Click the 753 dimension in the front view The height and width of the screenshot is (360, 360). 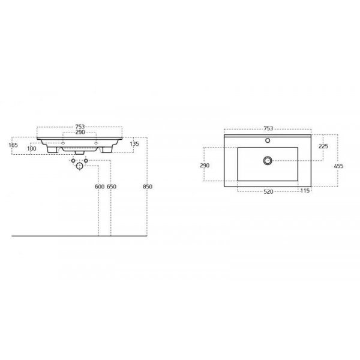[80, 127]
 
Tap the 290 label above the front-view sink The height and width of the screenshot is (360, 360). [80, 132]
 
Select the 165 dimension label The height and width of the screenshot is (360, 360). [13, 145]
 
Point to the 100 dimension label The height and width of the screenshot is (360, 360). [32, 149]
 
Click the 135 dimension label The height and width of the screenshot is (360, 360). [134, 144]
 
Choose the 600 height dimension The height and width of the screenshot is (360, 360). [100, 187]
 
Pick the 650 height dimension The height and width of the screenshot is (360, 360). [112, 187]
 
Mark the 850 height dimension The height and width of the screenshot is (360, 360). [148, 187]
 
